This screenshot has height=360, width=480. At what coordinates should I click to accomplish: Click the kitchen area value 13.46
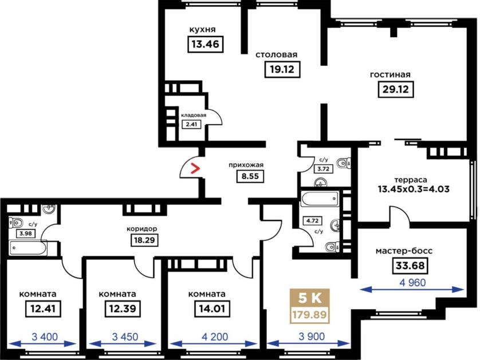point(206,44)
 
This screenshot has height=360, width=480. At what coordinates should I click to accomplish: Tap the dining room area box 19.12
point(282,69)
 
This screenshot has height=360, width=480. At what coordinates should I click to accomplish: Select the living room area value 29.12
point(396,89)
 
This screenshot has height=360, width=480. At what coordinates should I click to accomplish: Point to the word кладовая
point(194,115)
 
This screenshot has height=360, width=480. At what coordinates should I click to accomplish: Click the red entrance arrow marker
point(195,168)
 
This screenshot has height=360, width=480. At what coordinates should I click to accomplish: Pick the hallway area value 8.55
point(250,176)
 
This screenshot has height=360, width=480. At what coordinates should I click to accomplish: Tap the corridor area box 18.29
point(144,240)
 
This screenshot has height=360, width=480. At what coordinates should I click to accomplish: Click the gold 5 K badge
point(310,298)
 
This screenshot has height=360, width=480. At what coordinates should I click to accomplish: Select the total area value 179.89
point(310,314)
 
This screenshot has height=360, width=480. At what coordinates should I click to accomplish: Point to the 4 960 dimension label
point(412,283)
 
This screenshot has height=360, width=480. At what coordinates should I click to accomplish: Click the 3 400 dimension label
point(45,337)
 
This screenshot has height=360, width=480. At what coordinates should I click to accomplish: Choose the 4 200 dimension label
point(215,337)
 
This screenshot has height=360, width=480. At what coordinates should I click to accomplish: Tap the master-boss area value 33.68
point(410,266)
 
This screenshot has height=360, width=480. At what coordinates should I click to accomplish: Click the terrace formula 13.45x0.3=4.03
point(414,189)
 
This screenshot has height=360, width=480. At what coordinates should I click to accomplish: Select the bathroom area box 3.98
point(25,234)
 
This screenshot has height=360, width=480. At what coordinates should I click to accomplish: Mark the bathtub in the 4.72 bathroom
point(320,199)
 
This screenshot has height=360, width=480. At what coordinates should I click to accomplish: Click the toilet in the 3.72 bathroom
point(344,163)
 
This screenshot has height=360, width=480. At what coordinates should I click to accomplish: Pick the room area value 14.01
point(212,308)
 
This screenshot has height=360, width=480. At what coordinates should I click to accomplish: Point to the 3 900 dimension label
point(312,337)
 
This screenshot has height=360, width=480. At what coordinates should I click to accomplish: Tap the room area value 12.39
point(123,308)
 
